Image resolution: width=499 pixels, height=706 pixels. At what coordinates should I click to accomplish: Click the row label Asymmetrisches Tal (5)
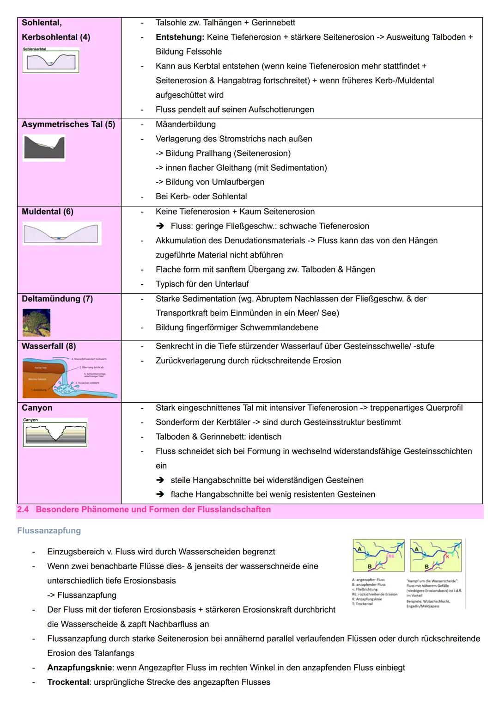pos(68,124)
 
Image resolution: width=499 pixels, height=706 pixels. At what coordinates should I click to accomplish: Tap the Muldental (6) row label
pos(48,211)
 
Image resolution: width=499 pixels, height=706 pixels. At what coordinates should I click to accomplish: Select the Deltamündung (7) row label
pos(57,299)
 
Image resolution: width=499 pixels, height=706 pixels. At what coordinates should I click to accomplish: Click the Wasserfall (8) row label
pos(49,346)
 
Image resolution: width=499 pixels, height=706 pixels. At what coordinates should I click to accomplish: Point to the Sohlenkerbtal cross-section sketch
pos(51,60)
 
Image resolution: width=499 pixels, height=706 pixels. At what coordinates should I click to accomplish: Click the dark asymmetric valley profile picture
pos(44,148)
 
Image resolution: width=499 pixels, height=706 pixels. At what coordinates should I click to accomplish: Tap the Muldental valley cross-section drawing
pos(62,233)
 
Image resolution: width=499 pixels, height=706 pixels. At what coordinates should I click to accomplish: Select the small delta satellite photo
pos(36,322)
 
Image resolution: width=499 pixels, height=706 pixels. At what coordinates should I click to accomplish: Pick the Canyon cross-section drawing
pos(55,433)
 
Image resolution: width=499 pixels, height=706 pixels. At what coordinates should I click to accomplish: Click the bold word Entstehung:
pos(180,37)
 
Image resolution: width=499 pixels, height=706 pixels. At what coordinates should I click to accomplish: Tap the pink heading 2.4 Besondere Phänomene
pos(144,510)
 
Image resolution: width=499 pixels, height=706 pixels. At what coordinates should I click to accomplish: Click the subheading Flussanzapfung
pos(49,530)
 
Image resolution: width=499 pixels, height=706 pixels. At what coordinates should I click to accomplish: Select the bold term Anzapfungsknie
pos(79,668)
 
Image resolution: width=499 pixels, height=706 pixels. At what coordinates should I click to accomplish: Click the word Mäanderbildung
pos(186,124)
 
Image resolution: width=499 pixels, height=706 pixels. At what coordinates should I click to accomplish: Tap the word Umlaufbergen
pos(238,182)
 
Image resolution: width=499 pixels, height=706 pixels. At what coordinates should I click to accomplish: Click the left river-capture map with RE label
pos(378,556)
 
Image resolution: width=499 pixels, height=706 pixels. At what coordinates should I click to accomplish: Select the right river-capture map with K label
pos(436,556)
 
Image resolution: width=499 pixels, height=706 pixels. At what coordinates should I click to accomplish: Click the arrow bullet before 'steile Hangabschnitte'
pos(160,480)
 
